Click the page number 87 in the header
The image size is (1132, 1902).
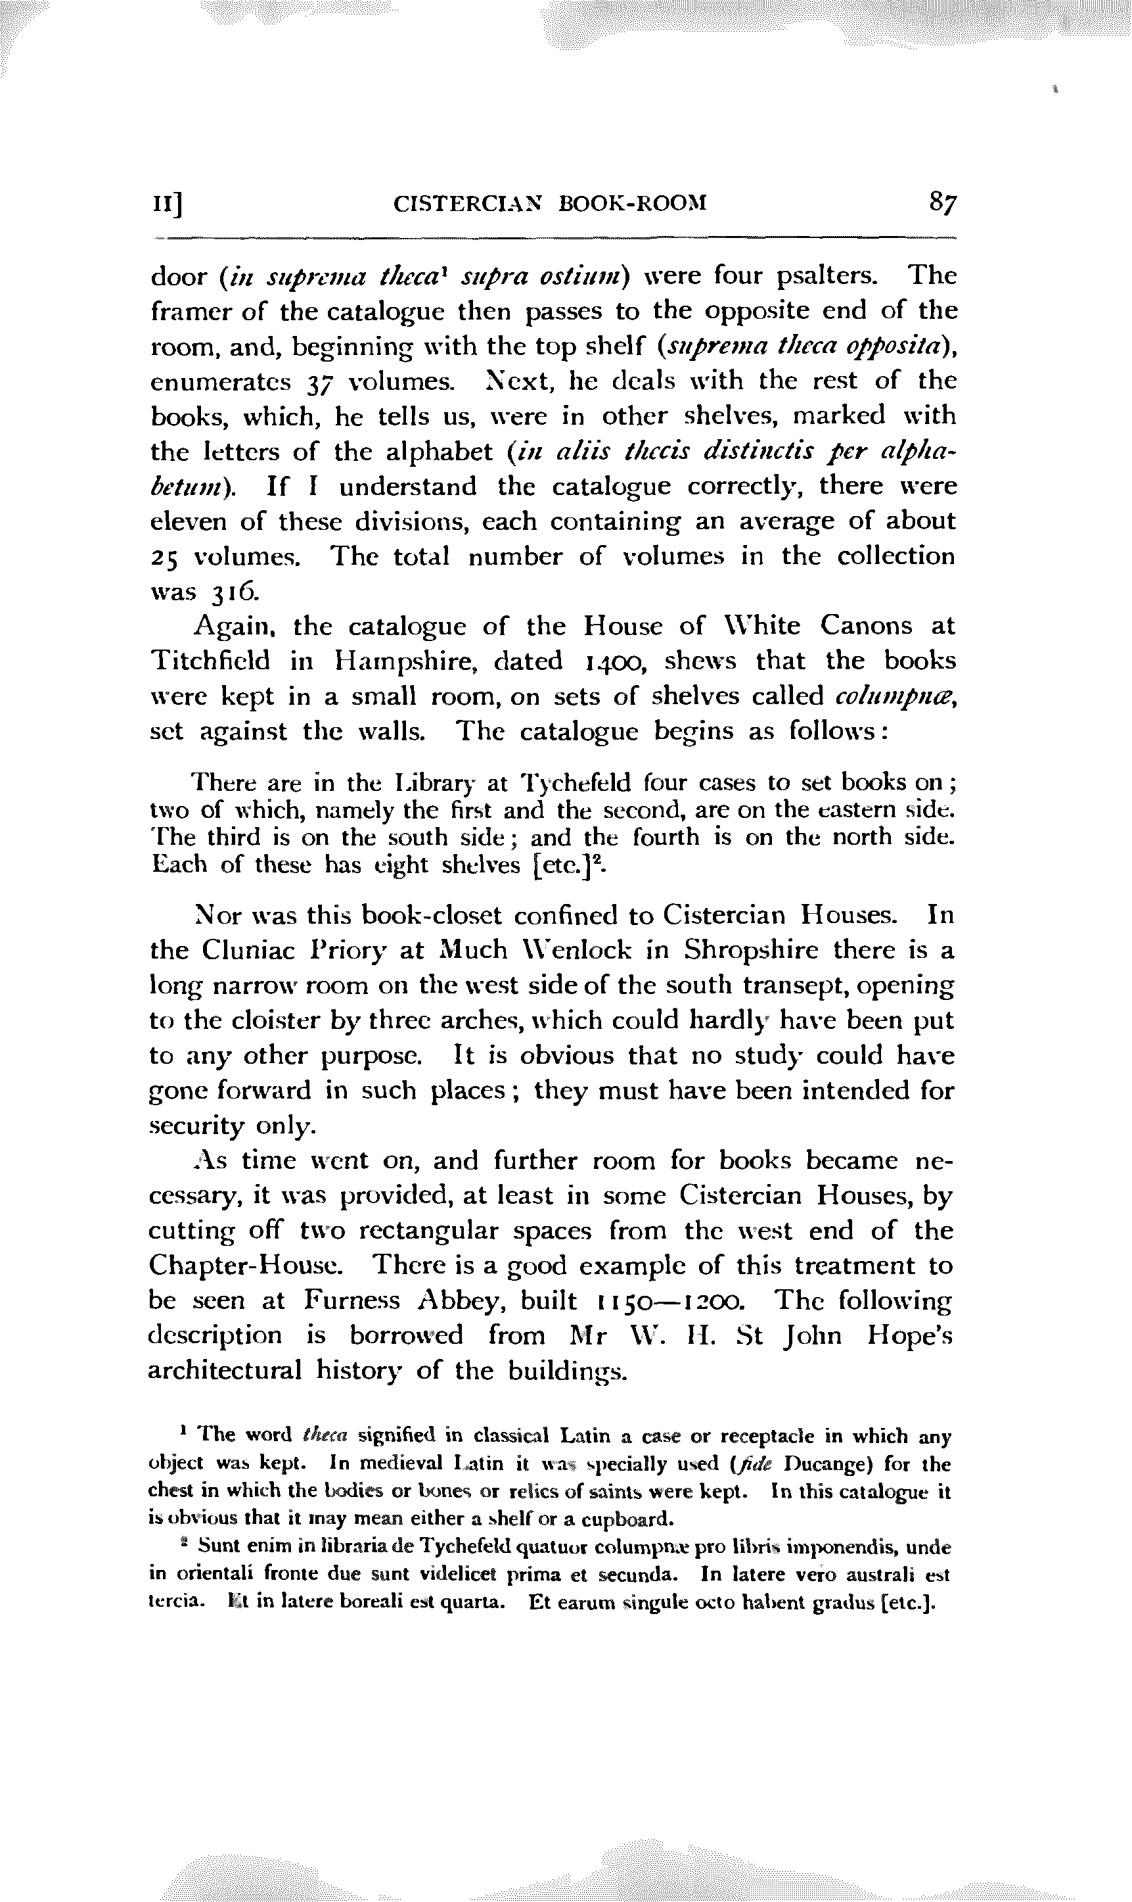click(942, 204)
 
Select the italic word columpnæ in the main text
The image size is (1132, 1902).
click(895, 697)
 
